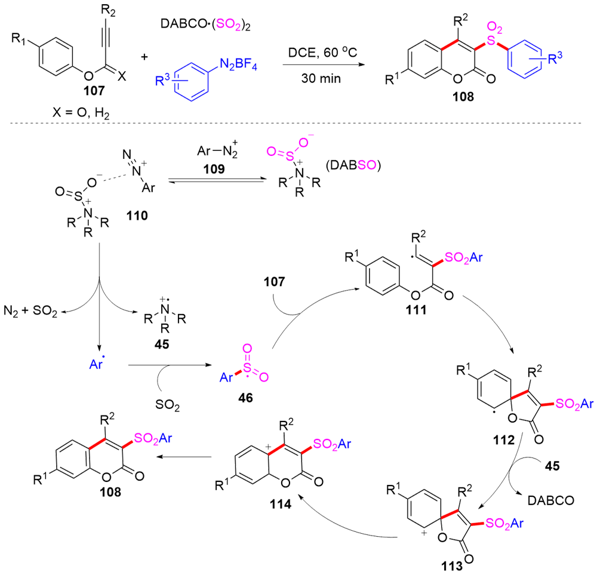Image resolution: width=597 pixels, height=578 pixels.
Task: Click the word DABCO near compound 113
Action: coord(550,500)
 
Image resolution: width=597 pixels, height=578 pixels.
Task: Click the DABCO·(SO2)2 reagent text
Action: coord(205,23)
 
